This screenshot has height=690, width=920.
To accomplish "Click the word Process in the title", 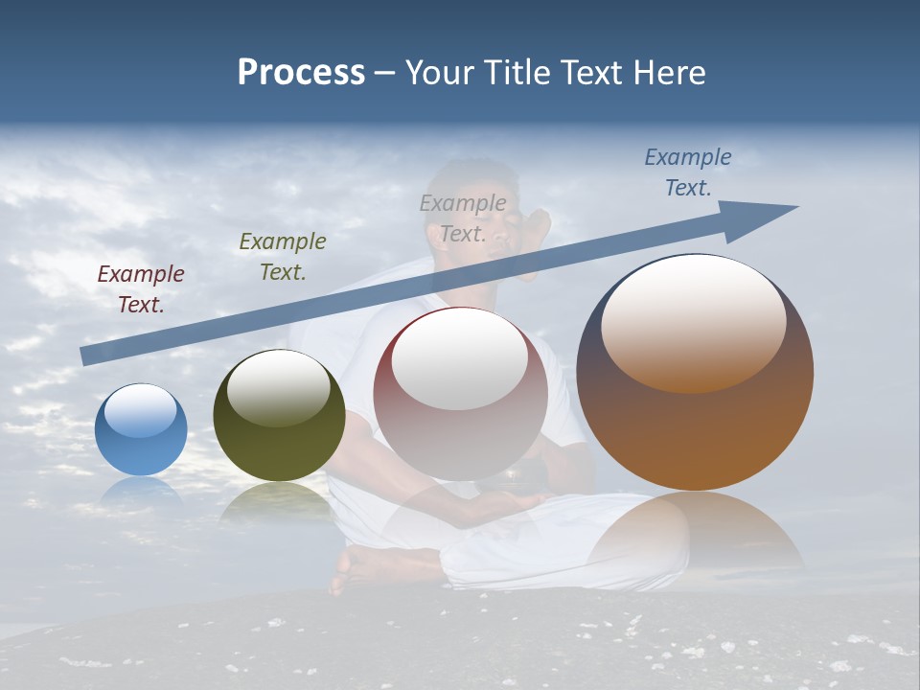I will click(x=301, y=73).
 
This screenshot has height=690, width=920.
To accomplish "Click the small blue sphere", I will click(x=141, y=429).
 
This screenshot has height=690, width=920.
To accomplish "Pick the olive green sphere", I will click(x=279, y=415).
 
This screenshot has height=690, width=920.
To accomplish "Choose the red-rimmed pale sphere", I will click(x=460, y=394).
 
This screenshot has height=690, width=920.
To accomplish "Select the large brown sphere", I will click(x=695, y=372).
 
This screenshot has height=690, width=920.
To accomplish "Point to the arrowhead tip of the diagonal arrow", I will click(x=795, y=208).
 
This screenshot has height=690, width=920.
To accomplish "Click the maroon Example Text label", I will click(x=141, y=289).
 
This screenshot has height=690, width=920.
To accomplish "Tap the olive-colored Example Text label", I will click(x=283, y=257).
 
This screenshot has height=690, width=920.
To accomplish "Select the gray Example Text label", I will click(x=463, y=218).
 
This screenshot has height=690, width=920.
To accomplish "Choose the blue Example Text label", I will click(x=688, y=172).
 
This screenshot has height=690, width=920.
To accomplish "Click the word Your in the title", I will click(x=441, y=73).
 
